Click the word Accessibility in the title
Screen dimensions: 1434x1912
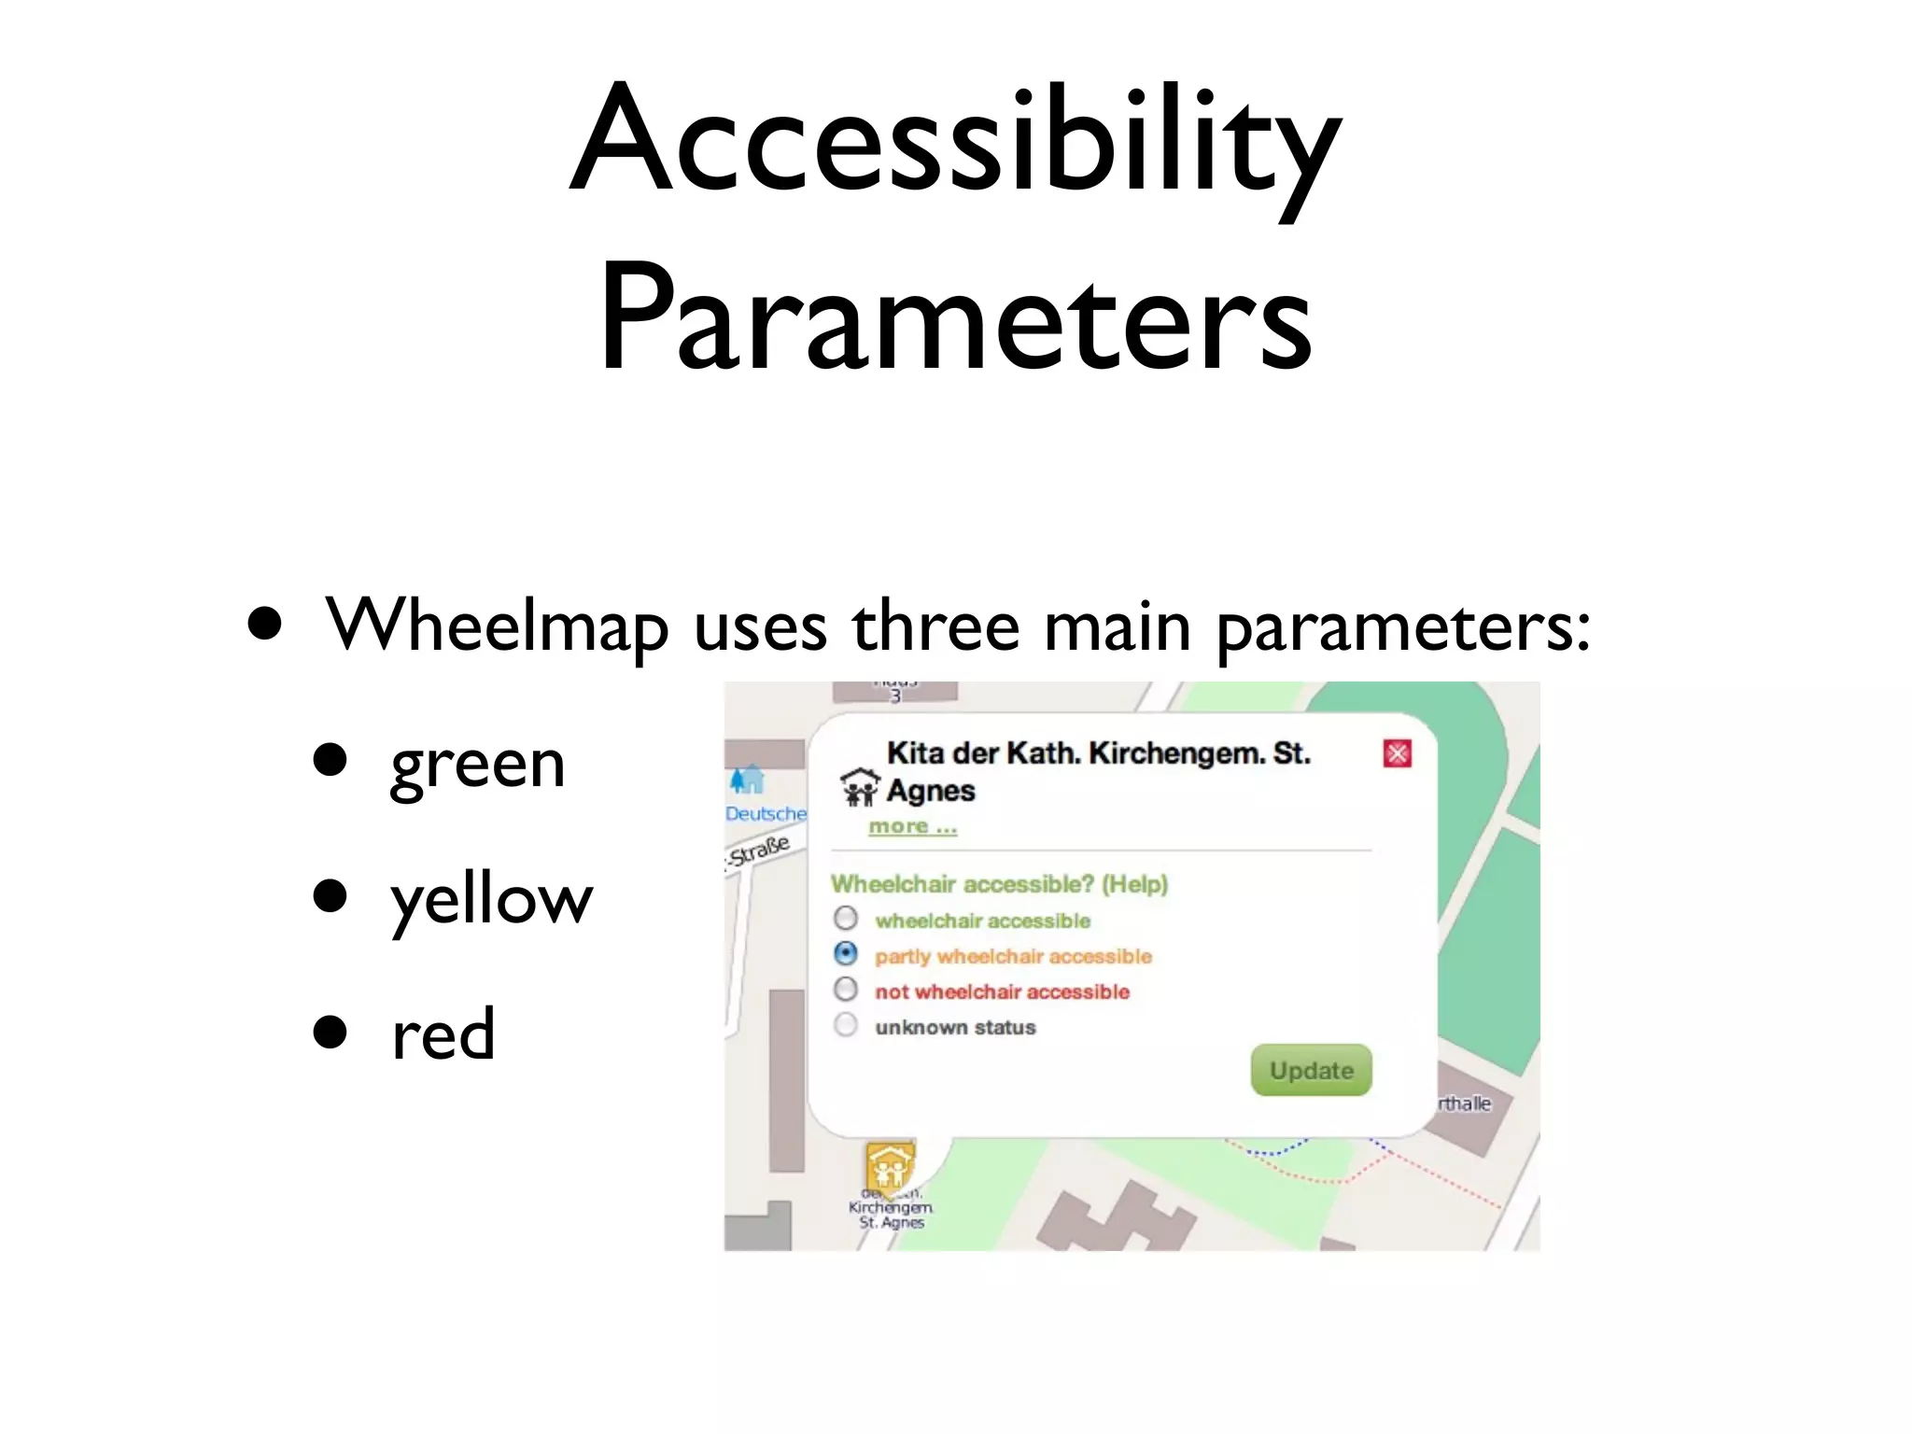tap(955, 140)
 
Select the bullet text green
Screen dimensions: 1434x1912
tap(477, 765)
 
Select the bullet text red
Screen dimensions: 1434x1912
tap(443, 1035)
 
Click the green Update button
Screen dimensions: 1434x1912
tap(1311, 1071)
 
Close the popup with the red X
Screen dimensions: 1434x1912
tap(1397, 753)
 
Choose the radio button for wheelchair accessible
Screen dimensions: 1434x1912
tap(846, 919)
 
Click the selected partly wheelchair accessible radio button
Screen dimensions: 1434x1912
tap(846, 954)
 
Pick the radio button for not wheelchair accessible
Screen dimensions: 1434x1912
tap(846, 990)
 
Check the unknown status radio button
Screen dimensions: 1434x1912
tap(846, 1026)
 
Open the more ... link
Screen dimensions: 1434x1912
tap(912, 827)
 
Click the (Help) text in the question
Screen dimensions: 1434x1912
tap(1134, 884)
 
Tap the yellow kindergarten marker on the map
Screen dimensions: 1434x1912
tap(889, 1166)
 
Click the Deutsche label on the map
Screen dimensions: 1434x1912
tap(766, 814)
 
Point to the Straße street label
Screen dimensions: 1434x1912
tap(760, 851)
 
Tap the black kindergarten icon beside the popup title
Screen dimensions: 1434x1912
tap(860, 788)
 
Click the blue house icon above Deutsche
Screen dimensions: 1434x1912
tap(747, 780)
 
